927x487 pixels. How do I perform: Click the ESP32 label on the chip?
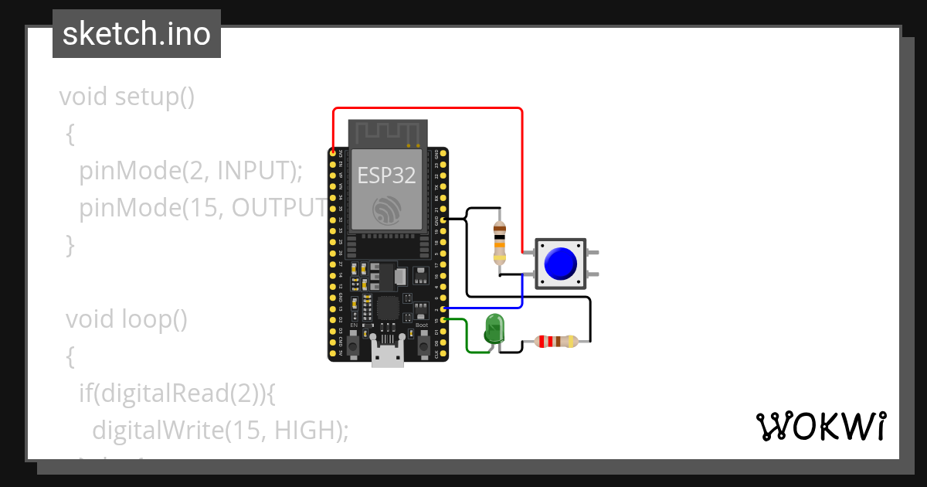coord(386,175)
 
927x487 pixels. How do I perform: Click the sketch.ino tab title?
coord(137,35)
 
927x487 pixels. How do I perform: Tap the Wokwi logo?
coord(821,427)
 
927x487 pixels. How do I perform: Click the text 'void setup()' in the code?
coord(127,97)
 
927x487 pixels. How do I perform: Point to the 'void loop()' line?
coord(127,318)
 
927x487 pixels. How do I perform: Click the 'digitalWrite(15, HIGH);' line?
coord(220,430)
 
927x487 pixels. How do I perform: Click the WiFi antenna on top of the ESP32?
coord(387,133)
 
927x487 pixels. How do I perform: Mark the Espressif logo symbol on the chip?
coord(386,209)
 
